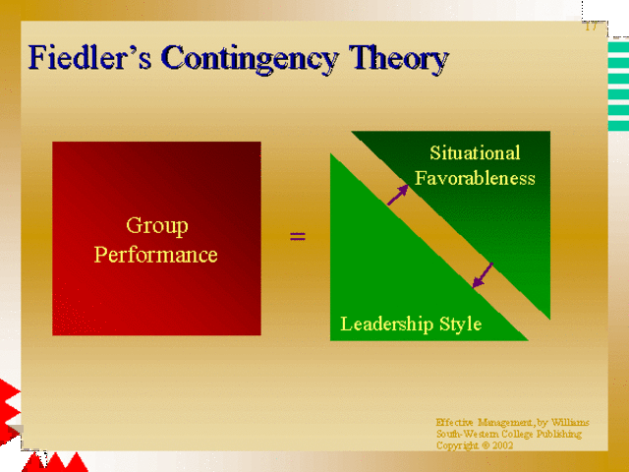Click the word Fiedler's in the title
(x=89, y=58)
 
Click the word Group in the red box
(x=156, y=226)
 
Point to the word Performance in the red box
(x=156, y=256)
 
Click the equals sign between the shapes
(x=297, y=237)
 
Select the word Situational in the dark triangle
(x=475, y=153)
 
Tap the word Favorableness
(x=475, y=178)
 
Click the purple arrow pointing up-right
(x=397, y=195)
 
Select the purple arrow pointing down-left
(x=482, y=276)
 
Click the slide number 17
(x=591, y=27)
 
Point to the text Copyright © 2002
(x=474, y=445)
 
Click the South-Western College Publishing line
(x=508, y=434)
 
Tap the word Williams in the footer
(x=568, y=421)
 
